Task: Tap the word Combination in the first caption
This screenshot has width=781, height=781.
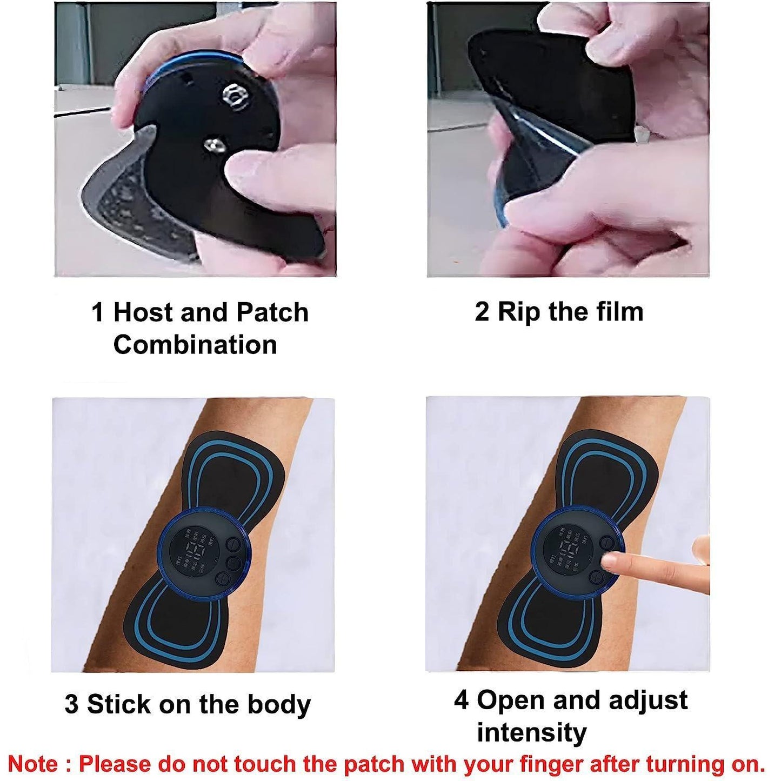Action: (x=195, y=345)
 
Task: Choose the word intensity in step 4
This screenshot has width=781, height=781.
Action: (x=532, y=733)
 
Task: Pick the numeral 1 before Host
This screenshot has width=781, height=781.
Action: (x=98, y=312)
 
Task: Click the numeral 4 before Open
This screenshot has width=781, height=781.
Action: (x=461, y=700)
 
